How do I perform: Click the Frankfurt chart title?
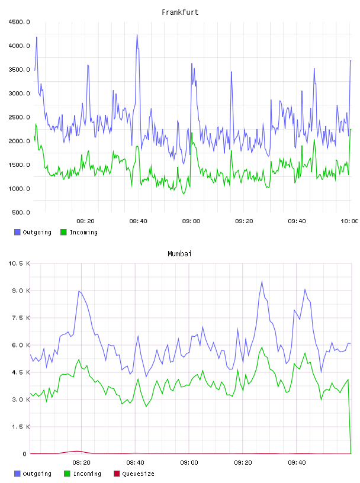point(180,12)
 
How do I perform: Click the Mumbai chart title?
point(179,254)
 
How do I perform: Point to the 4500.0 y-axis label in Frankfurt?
point(19,22)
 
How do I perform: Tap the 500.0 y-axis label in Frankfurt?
point(21,212)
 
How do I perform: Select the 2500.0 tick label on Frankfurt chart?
point(19,117)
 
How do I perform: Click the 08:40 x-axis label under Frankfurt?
point(138,221)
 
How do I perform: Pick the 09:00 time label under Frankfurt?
point(191,221)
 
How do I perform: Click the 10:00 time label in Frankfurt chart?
point(349,221)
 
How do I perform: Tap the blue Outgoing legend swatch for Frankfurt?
point(17,232)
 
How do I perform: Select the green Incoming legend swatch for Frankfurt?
point(63,232)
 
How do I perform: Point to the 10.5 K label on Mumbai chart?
point(19,263)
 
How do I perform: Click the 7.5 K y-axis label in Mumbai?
point(21,318)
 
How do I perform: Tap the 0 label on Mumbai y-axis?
point(25,454)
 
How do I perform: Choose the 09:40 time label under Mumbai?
point(297,463)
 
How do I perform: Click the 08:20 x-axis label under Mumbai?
point(81,463)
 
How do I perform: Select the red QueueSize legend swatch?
point(117,474)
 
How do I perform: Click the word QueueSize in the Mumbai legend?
point(138,474)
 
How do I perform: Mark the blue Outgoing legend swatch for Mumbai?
point(17,474)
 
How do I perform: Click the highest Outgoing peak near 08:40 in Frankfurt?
point(137,35)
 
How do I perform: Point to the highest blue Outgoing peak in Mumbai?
point(262,281)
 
